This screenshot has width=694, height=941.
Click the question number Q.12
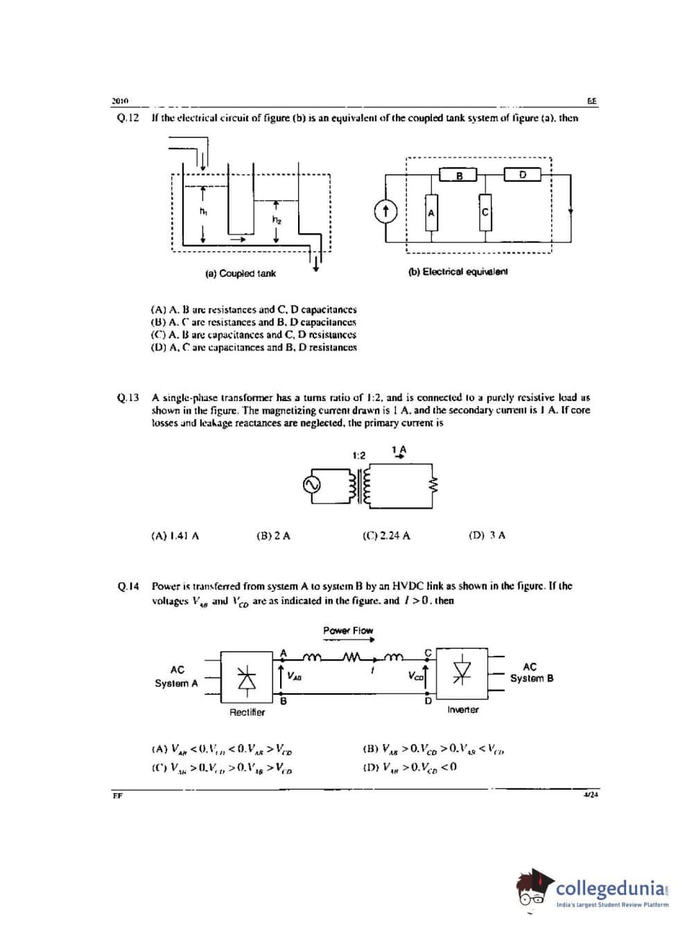128,118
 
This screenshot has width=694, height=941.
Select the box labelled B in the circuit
458,176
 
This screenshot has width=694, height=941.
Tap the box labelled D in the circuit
522,175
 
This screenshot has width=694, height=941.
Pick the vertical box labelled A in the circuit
431,213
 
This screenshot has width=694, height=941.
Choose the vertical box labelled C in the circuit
485,212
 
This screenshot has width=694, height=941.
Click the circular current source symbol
385,212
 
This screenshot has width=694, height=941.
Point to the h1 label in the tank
202,210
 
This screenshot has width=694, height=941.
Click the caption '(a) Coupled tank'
241,273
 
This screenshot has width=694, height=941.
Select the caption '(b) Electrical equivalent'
458,271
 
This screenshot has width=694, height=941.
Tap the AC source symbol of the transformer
312,484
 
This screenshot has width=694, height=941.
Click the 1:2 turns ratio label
358,455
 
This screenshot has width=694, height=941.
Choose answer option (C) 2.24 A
386,536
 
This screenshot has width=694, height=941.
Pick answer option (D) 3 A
487,535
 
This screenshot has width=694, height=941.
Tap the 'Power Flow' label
348,630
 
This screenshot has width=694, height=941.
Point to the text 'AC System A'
177,677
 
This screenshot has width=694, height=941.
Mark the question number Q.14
128,586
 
